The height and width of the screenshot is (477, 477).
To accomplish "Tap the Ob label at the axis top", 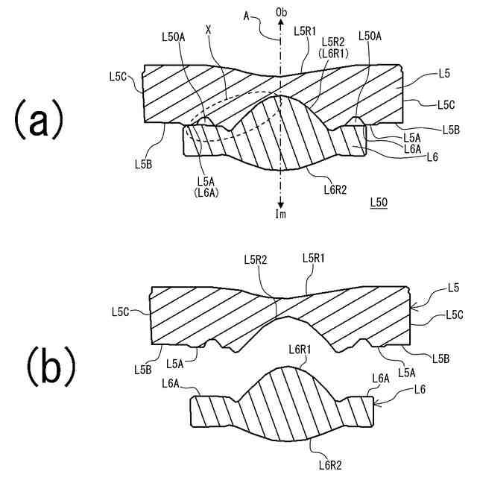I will pyautogui.click(x=281, y=13).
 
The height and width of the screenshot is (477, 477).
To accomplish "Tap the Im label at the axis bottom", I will pyautogui.click(x=281, y=215).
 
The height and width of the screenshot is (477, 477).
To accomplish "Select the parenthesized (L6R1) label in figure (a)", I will pyautogui.click(x=331, y=54).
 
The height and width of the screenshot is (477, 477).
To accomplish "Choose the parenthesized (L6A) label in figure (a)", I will pyautogui.click(x=207, y=192).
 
